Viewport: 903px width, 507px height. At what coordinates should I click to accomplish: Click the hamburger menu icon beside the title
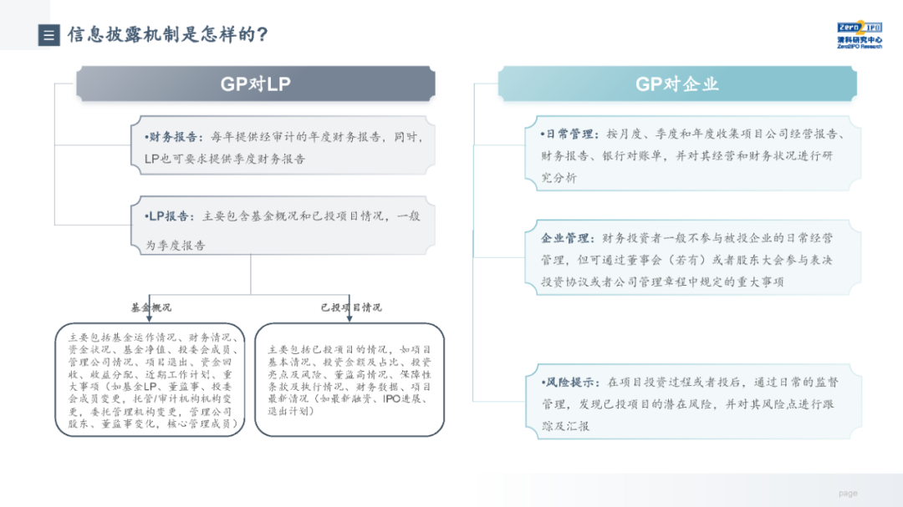point(49,35)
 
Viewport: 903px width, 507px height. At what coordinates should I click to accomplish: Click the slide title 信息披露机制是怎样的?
point(167,35)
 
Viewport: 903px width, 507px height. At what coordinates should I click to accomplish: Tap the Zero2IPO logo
point(859,33)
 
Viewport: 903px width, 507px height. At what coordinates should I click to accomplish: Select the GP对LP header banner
point(255,84)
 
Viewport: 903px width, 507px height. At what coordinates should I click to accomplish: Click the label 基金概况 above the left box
point(150,307)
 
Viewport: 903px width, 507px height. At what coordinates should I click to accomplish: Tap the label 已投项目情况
point(351,307)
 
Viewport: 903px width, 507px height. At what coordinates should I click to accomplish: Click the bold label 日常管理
point(570,134)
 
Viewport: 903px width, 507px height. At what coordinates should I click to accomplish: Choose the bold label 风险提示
point(570,382)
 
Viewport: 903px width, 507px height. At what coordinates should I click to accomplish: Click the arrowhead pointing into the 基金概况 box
point(149,317)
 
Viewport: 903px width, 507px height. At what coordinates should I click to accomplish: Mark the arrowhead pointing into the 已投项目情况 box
point(349,317)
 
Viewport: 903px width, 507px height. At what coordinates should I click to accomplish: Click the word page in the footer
point(848,494)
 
